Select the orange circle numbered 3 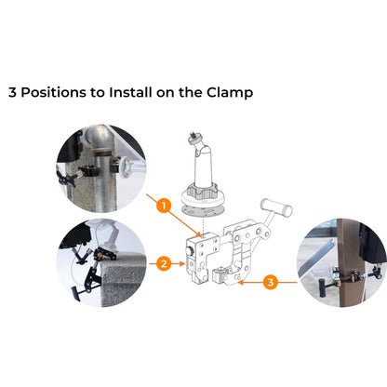pos(271,281)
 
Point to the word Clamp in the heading pos(229,93)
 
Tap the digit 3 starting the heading pos(13,93)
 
